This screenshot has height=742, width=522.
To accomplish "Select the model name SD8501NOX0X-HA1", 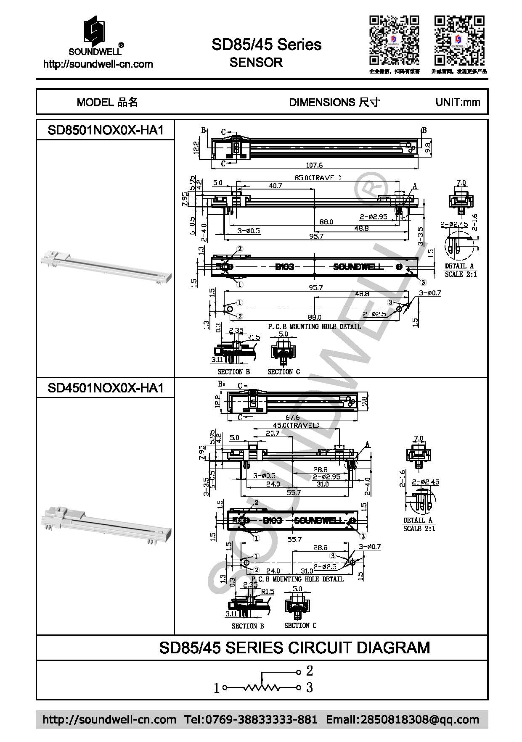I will click(105, 130).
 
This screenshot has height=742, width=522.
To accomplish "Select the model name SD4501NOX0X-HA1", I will click(105, 387).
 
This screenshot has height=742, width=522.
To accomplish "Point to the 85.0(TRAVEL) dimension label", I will click(318, 178).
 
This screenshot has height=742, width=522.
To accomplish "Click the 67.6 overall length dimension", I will click(292, 417).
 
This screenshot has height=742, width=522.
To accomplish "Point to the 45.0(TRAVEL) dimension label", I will click(296, 425).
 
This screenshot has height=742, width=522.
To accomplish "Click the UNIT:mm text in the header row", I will click(458, 102).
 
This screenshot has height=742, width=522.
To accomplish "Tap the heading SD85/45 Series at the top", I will click(266, 45).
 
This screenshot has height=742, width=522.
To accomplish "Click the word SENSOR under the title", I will click(256, 63).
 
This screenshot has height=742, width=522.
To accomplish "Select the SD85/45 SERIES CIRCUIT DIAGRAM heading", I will click(294, 647).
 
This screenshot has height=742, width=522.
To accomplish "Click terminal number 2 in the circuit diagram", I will click(310, 671).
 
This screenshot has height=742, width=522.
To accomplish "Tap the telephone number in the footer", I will click(251, 719).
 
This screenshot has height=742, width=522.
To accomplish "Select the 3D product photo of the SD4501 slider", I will click(106, 523).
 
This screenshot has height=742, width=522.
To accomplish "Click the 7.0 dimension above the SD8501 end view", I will click(461, 183).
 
